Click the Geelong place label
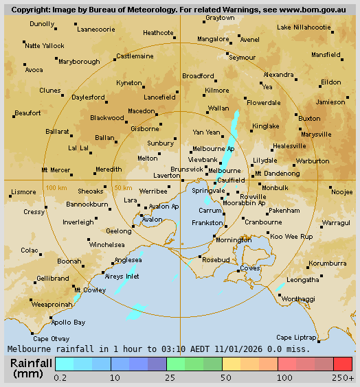(x=100, y=231)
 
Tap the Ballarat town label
(x=58, y=131)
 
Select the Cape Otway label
(x=52, y=338)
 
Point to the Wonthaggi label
(x=299, y=299)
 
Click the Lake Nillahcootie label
(x=304, y=27)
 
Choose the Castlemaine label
(x=135, y=56)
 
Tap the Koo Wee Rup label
(x=291, y=236)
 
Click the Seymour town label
(x=242, y=58)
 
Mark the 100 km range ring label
(x=56, y=187)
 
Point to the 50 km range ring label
(x=123, y=187)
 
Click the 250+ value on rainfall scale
(x=344, y=377)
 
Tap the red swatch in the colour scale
(x=343, y=364)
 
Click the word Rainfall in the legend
(x=32, y=363)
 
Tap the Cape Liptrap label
(x=295, y=337)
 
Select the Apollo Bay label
(x=69, y=322)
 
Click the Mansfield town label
(x=326, y=54)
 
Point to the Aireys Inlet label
(x=122, y=276)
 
